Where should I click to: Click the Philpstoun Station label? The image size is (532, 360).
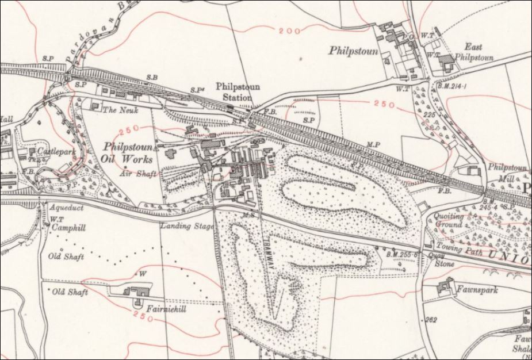pyautogui.click(x=238, y=92)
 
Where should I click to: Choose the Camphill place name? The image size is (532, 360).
pyautogui.click(x=68, y=228)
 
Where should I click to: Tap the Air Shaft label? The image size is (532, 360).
pyautogui.click(x=133, y=173)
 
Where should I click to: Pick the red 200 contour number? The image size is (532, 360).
pyautogui.click(x=289, y=30)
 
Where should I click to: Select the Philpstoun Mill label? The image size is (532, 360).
pyautogui.click(x=507, y=173)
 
